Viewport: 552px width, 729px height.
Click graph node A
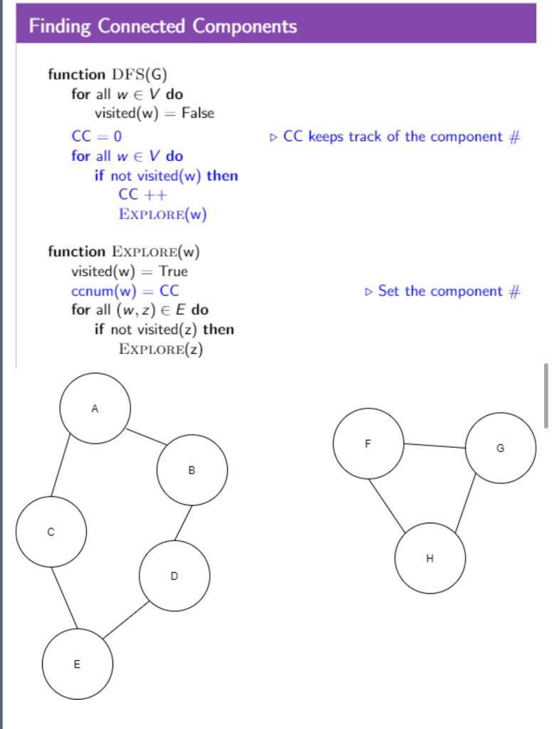pos(95,408)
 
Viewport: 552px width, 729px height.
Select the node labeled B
pos(192,470)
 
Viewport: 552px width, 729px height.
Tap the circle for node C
pos(51,531)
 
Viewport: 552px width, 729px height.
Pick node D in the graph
pos(175,575)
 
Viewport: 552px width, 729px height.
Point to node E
pos(77,664)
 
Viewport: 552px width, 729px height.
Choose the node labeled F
pos(368,443)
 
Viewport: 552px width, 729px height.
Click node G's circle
pos(501,448)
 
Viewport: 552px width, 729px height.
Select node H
pos(429,558)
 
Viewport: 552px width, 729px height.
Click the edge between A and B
pos(147,437)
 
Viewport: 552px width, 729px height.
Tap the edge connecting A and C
pos(60,465)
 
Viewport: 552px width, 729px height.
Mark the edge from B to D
pos(183,523)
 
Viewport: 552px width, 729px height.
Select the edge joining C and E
pos(64,597)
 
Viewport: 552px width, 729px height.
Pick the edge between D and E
pos(126,619)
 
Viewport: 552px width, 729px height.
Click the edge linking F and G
pos(434,446)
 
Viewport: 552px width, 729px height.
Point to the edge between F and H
pos(387,505)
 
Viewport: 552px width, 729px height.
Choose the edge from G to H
pos(466,503)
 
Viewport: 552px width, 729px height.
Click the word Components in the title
pos(244,26)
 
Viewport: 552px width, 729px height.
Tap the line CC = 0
pos(97,136)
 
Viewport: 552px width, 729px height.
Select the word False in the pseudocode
pos(197,113)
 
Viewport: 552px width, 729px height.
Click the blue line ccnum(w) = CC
pos(125,291)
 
